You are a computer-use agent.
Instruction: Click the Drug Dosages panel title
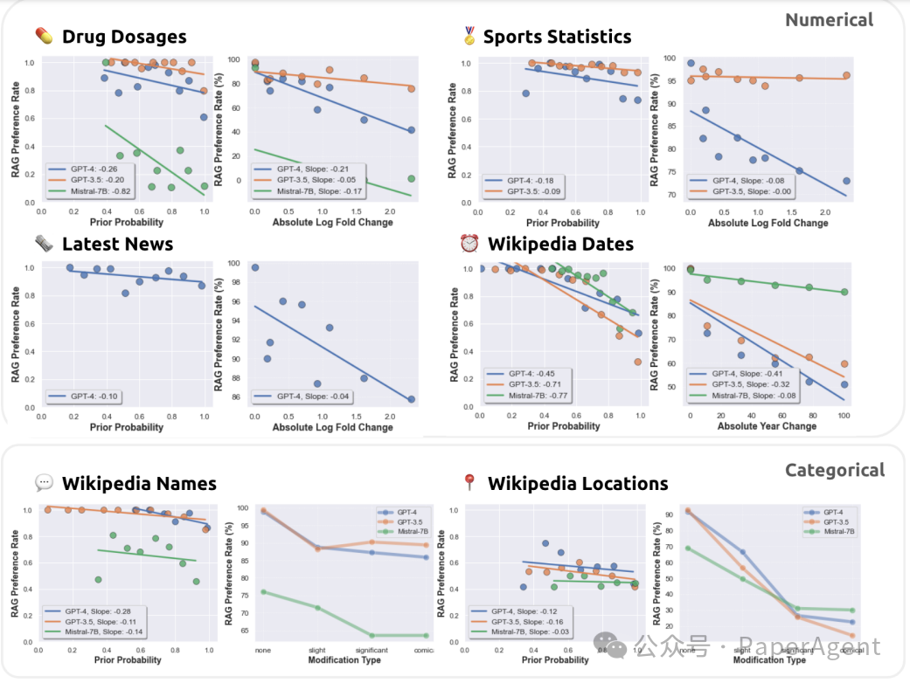123,37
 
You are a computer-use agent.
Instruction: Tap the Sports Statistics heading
557,37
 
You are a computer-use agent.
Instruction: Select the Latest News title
117,244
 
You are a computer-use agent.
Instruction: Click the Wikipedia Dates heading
560,244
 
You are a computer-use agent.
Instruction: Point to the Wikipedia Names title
139,483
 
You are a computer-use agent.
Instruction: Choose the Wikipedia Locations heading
578,483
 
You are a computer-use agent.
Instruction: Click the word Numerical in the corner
829,19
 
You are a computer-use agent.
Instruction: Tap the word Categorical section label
834,470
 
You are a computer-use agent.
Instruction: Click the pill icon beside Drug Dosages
43,37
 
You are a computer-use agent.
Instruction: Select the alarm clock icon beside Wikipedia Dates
469,244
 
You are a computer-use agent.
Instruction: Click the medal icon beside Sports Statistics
469,37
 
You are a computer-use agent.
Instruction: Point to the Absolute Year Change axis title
768,426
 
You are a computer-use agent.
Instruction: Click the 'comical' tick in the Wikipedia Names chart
425,651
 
